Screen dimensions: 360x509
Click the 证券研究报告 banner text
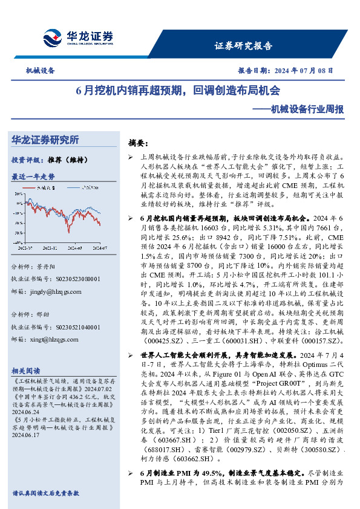point(243,46)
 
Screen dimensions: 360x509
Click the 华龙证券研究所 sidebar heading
point(45,140)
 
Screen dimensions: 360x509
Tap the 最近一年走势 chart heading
point(33,177)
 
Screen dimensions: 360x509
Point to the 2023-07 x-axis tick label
point(25,247)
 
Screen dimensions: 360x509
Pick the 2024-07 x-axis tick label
point(99,247)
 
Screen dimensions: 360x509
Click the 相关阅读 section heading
point(25,371)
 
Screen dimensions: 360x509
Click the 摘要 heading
point(137,143)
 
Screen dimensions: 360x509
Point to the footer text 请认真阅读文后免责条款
point(45,493)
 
